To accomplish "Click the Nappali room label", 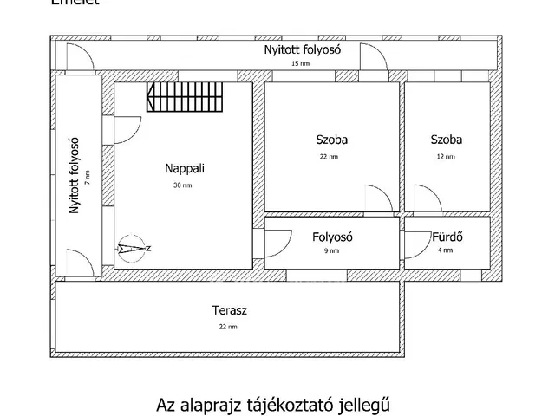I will point(185,169).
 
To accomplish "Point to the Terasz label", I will point(227,309).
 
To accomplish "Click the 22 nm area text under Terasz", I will point(227,327).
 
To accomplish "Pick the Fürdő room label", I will point(447,237).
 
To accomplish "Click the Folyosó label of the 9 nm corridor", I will point(332,237).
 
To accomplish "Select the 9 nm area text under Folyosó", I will point(332,251).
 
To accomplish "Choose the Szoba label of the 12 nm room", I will point(446,139).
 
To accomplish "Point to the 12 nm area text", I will point(446,157).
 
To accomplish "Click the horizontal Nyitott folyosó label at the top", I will point(302,49).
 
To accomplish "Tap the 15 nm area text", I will point(299,64).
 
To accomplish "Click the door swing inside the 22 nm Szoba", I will point(380,198).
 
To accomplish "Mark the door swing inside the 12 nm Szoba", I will point(426,198).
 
